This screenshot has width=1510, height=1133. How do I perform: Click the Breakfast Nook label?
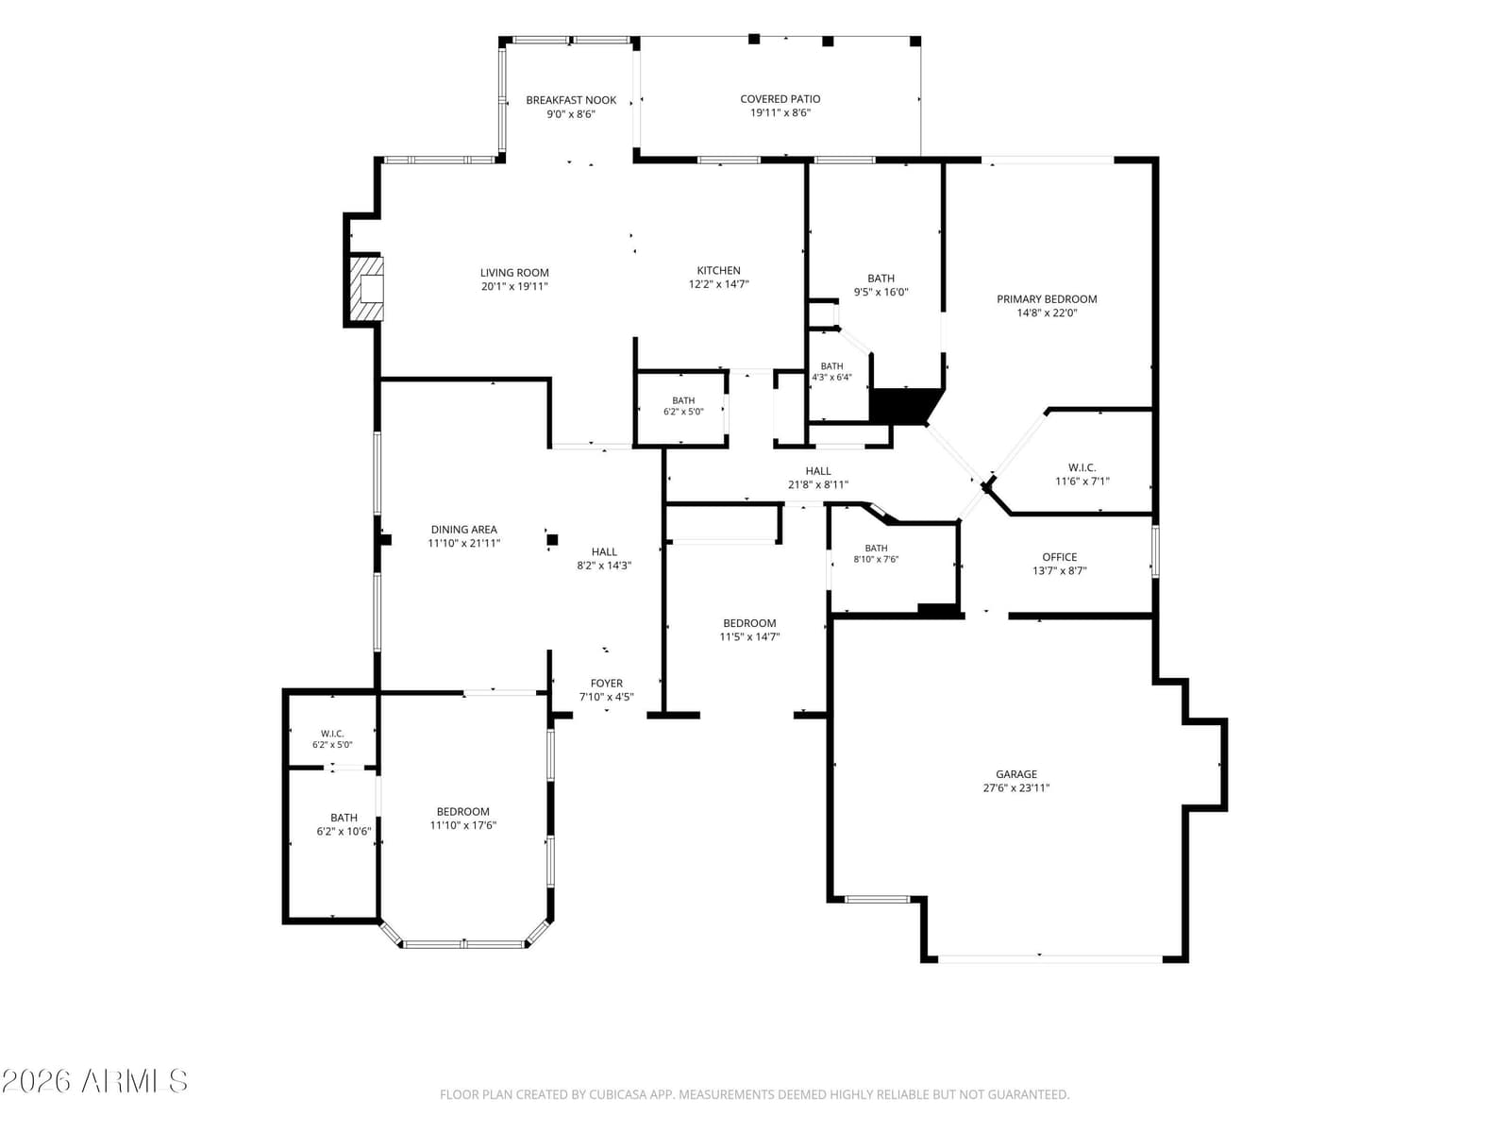(x=571, y=100)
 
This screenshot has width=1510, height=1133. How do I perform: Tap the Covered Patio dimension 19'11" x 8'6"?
(x=780, y=112)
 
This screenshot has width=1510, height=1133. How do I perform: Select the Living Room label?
(x=514, y=273)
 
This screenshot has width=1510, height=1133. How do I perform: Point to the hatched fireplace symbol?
(x=366, y=289)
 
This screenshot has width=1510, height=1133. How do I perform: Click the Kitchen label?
(x=719, y=271)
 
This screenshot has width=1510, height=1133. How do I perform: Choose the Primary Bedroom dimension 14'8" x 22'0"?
(x=1047, y=313)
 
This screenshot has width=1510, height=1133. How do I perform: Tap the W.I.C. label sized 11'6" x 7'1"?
(x=1082, y=467)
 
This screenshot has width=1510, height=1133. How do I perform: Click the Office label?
(x=1060, y=557)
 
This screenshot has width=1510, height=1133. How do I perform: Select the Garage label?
(x=1016, y=774)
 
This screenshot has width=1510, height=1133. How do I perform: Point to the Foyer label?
(x=606, y=683)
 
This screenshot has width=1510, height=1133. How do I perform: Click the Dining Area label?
(x=463, y=530)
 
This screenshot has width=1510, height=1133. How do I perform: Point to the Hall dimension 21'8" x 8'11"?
(x=818, y=485)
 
